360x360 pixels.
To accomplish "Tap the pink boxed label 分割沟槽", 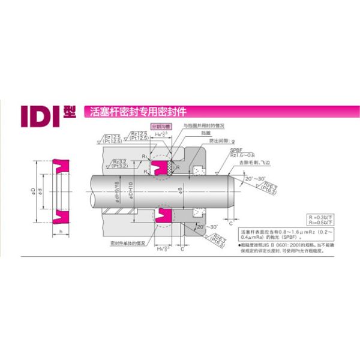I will pyautogui.click(x=160, y=127).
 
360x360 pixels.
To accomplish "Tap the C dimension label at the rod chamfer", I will pyautogui.click(x=232, y=222).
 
